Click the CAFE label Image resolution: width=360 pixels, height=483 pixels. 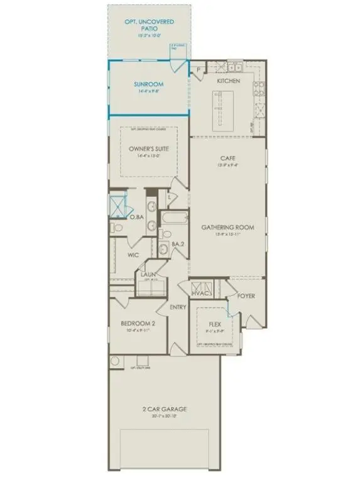coord(227,158)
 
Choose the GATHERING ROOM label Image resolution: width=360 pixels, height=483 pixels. coord(227,227)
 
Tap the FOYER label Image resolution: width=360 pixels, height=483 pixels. coord(246,295)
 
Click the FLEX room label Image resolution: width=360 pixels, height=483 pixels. coord(215,325)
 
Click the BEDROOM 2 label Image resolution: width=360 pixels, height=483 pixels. coord(138,325)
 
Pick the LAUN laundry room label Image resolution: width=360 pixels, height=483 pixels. coord(148,274)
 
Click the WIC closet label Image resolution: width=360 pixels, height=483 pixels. coord(133,255)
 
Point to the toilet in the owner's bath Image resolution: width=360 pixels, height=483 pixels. coord(114,228)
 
